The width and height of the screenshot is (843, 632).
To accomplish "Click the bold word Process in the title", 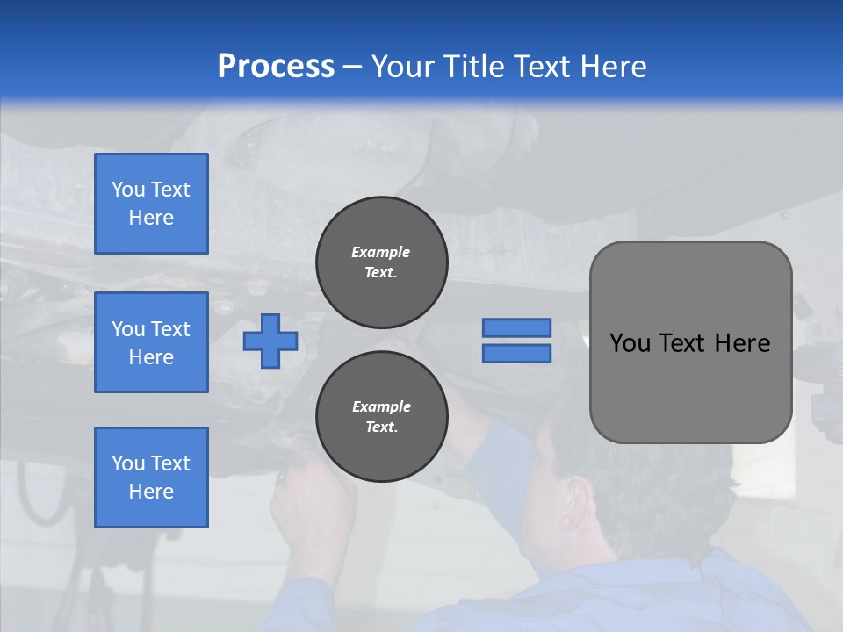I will pyautogui.click(x=276, y=67).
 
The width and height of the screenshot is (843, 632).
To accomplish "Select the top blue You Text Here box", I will pyautogui.click(x=151, y=204).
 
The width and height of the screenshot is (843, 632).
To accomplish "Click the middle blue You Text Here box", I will pyautogui.click(x=151, y=342).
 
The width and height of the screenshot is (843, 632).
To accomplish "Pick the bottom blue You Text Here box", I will pyautogui.click(x=151, y=478).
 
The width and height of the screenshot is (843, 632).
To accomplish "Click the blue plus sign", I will pyautogui.click(x=270, y=341).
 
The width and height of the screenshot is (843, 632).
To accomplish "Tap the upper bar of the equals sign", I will pyautogui.click(x=516, y=327).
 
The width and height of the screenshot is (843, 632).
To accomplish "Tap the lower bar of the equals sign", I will pyautogui.click(x=516, y=353).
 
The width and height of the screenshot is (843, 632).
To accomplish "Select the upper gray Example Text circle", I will pyautogui.click(x=381, y=262).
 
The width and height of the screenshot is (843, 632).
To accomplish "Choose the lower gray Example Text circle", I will pyautogui.click(x=381, y=417).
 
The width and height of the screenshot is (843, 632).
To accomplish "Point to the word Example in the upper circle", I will pyautogui.click(x=381, y=252).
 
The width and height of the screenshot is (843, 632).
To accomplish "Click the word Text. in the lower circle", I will pyautogui.click(x=381, y=427).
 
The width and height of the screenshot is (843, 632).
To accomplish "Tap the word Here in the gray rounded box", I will pyautogui.click(x=742, y=343).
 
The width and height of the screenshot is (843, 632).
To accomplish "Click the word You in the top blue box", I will pyautogui.click(x=127, y=190).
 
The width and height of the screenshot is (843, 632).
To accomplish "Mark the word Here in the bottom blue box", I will pyautogui.click(x=151, y=492).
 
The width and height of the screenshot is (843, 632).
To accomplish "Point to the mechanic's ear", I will pyautogui.click(x=577, y=497).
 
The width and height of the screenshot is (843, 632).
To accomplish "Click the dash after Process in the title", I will pyautogui.click(x=353, y=67).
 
